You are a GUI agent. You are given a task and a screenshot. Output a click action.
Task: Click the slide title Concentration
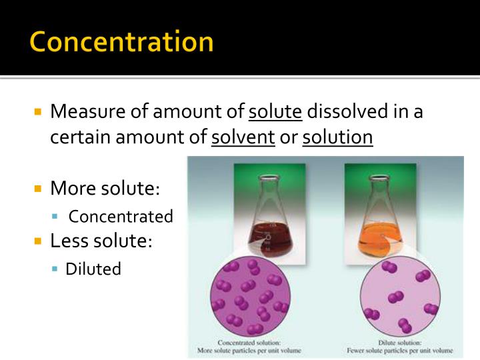click(121, 41)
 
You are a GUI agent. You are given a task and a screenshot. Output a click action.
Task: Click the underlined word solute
click(275, 111)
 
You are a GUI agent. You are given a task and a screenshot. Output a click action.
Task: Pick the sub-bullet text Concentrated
click(121, 216)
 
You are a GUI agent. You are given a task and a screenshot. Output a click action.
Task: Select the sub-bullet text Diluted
click(93, 269)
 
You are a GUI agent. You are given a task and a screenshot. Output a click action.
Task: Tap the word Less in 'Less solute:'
click(68, 240)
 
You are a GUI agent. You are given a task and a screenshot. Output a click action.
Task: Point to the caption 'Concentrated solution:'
click(247, 342)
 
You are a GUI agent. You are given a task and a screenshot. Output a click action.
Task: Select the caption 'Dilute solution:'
click(399, 342)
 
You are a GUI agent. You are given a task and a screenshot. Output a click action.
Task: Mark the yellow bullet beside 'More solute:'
click(39, 189)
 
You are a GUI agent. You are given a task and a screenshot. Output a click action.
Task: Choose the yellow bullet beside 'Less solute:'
click(39, 240)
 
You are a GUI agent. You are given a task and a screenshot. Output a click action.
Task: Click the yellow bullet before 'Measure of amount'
click(39, 111)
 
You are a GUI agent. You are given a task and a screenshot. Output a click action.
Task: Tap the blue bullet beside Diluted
click(56, 269)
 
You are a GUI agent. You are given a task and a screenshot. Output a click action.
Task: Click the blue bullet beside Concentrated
click(56, 217)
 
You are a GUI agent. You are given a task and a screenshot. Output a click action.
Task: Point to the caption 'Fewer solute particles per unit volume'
click(399, 350)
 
